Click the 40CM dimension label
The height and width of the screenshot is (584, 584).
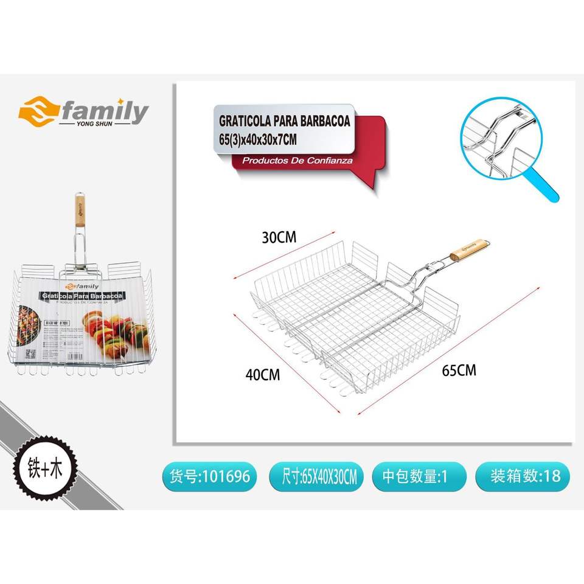click(x=263, y=375)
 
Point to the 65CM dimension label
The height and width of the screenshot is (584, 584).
click(x=458, y=369)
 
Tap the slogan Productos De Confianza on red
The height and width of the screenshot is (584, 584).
click(x=297, y=161)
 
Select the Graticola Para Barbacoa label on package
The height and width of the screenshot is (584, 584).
click(x=81, y=295)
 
